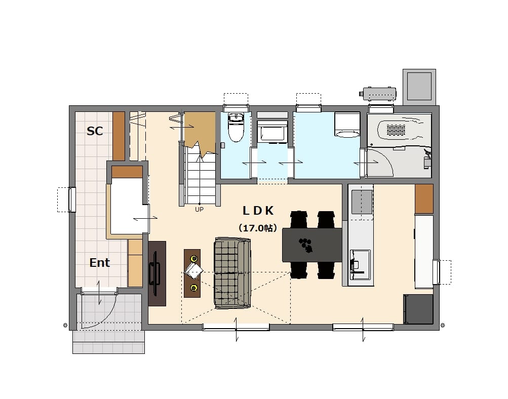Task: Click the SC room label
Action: pos(95,131)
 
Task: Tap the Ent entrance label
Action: pos(99,263)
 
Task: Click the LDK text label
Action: pos(258,211)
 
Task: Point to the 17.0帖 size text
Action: pos(258,228)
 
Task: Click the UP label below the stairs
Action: pos(199,210)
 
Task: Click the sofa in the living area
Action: pos(232,273)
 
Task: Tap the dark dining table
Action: pos(312,245)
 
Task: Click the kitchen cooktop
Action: pos(362,202)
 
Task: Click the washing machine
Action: pos(347,125)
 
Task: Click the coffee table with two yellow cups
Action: pos(192,273)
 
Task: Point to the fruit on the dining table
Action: pos(306,245)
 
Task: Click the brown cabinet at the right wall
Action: pos(424,199)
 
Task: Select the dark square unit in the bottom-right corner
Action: pos(418,309)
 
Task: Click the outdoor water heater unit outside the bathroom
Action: pos(378,94)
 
